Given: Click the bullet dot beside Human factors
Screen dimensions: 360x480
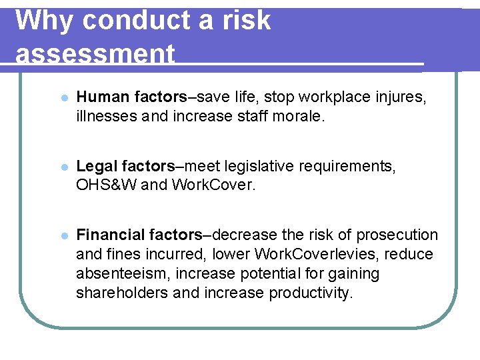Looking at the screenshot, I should click(64, 97).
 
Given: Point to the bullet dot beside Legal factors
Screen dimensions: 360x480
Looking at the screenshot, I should click(64, 166).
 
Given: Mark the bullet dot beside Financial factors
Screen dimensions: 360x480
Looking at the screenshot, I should click(64, 235).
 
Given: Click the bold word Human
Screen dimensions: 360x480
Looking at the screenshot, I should click(103, 97).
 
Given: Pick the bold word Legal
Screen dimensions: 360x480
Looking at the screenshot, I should click(97, 166).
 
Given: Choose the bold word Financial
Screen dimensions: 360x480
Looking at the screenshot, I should click(111, 235).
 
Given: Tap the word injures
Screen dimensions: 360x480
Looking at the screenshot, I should click(401, 97).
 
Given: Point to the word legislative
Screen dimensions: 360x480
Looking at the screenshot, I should click(263, 166).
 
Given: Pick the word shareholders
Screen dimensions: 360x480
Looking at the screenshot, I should click(122, 293).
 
